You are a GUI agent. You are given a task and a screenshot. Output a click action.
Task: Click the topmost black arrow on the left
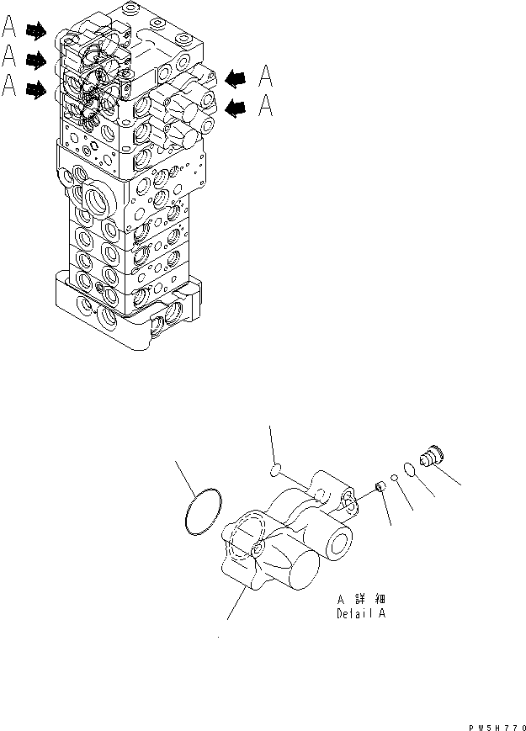pyautogui.click(x=36, y=31)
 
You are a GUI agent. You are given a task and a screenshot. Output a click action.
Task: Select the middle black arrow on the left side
pyautogui.click(x=36, y=60)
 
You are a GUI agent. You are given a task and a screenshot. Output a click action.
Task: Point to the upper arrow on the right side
pyautogui.click(x=237, y=78)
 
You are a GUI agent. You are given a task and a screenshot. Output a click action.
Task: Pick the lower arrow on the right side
pyautogui.click(x=237, y=107)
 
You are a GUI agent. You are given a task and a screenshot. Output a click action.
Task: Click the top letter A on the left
pyautogui.click(x=10, y=29)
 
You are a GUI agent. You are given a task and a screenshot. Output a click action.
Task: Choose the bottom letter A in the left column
pyautogui.click(x=10, y=87)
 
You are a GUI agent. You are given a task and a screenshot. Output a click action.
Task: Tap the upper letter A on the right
pyautogui.click(x=265, y=77)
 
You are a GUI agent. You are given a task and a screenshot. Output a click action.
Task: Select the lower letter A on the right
pyautogui.click(x=265, y=106)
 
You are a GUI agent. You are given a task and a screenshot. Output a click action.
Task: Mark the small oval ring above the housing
pyautogui.click(x=275, y=468)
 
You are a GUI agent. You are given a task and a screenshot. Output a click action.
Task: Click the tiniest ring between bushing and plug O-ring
pyautogui.click(x=394, y=478)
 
